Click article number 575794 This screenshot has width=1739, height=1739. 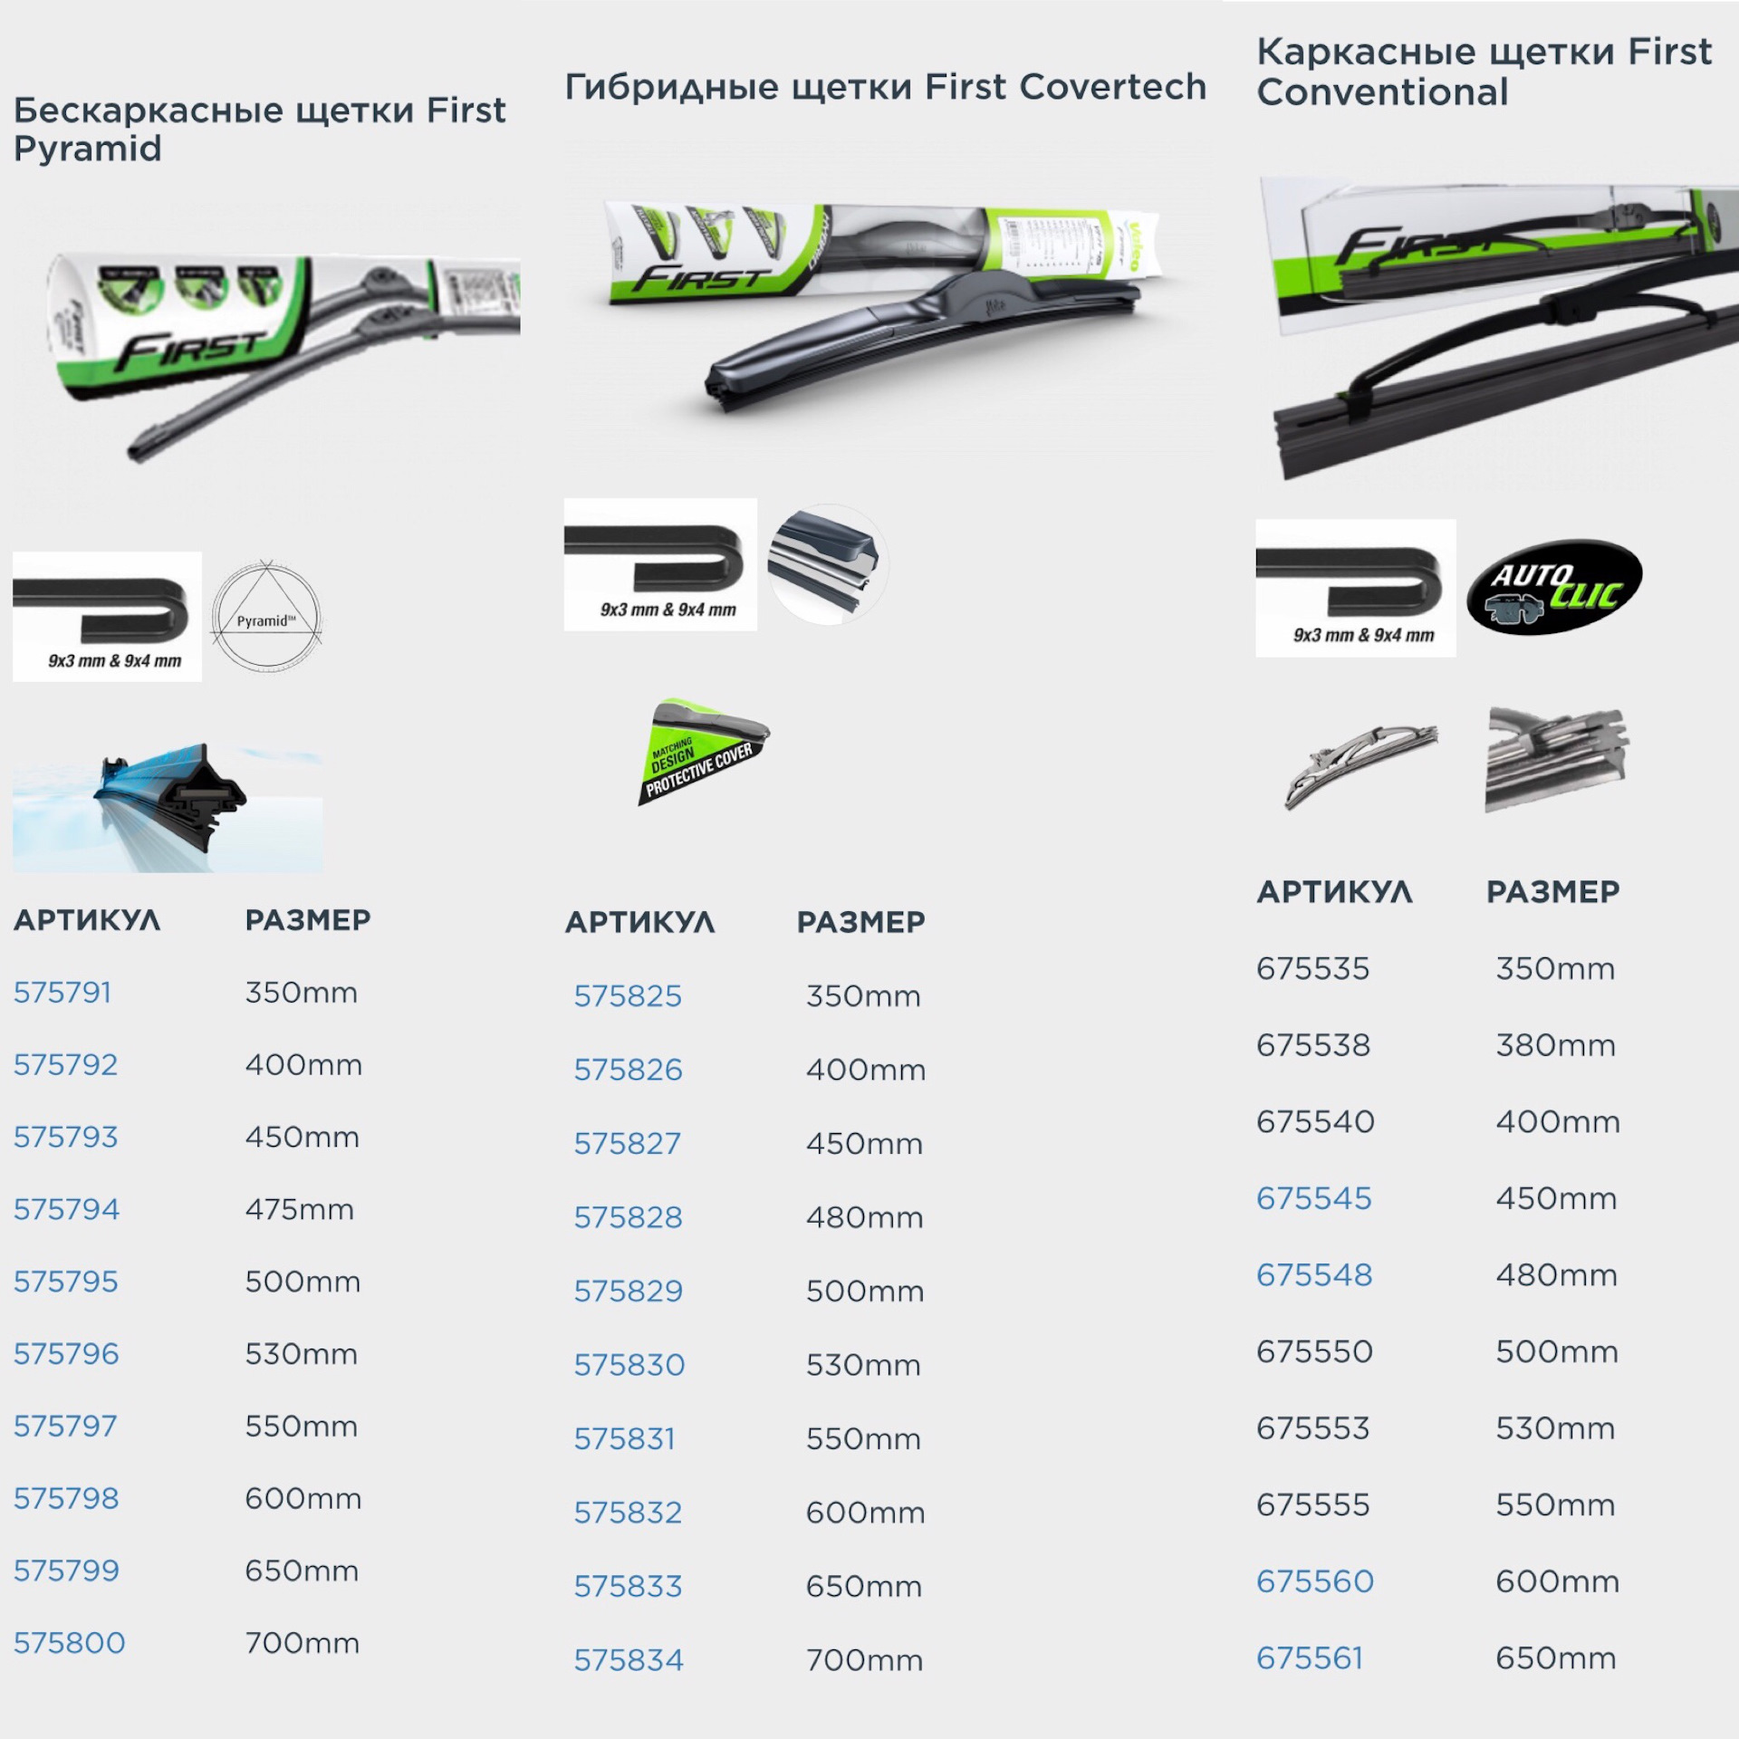click(66, 1209)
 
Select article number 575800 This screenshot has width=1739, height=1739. click(69, 1643)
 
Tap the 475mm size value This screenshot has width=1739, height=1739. click(299, 1209)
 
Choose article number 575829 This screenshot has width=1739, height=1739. click(628, 1291)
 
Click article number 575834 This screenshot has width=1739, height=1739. click(628, 1660)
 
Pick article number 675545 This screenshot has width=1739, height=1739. click(1313, 1198)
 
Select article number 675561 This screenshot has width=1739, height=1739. click(1309, 1658)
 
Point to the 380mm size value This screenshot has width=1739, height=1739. click(1555, 1045)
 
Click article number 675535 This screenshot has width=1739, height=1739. click(1312, 968)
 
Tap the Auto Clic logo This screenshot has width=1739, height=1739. click(1554, 588)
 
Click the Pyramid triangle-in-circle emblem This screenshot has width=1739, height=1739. click(265, 616)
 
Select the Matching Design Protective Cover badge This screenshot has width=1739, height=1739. click(703, 752)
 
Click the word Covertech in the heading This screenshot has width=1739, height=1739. click(1112, 87)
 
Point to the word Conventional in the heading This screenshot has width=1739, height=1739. click(1382, 92)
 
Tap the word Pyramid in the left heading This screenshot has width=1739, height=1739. click(87, 149)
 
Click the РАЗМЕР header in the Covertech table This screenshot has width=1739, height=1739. click(860, 922)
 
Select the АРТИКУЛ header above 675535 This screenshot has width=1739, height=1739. click(1334, 892)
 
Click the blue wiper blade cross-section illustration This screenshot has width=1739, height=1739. click(168, 808)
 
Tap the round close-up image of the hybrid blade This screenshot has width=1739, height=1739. click(827, 564)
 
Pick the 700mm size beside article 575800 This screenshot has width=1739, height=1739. click(302, 1643)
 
